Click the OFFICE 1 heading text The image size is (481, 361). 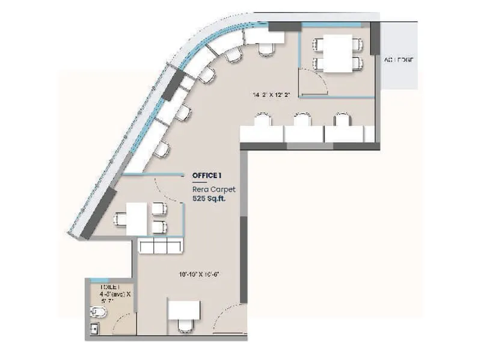click(207, 175)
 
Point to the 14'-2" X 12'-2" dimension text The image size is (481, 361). click(275, 95)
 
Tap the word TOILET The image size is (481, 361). click(110, 287)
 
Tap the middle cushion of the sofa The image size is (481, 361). click(160, 245)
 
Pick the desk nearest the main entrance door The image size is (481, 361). click(183, 309)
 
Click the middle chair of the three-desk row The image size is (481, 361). click(304, 119)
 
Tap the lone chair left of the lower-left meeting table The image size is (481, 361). click(119, 220)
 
